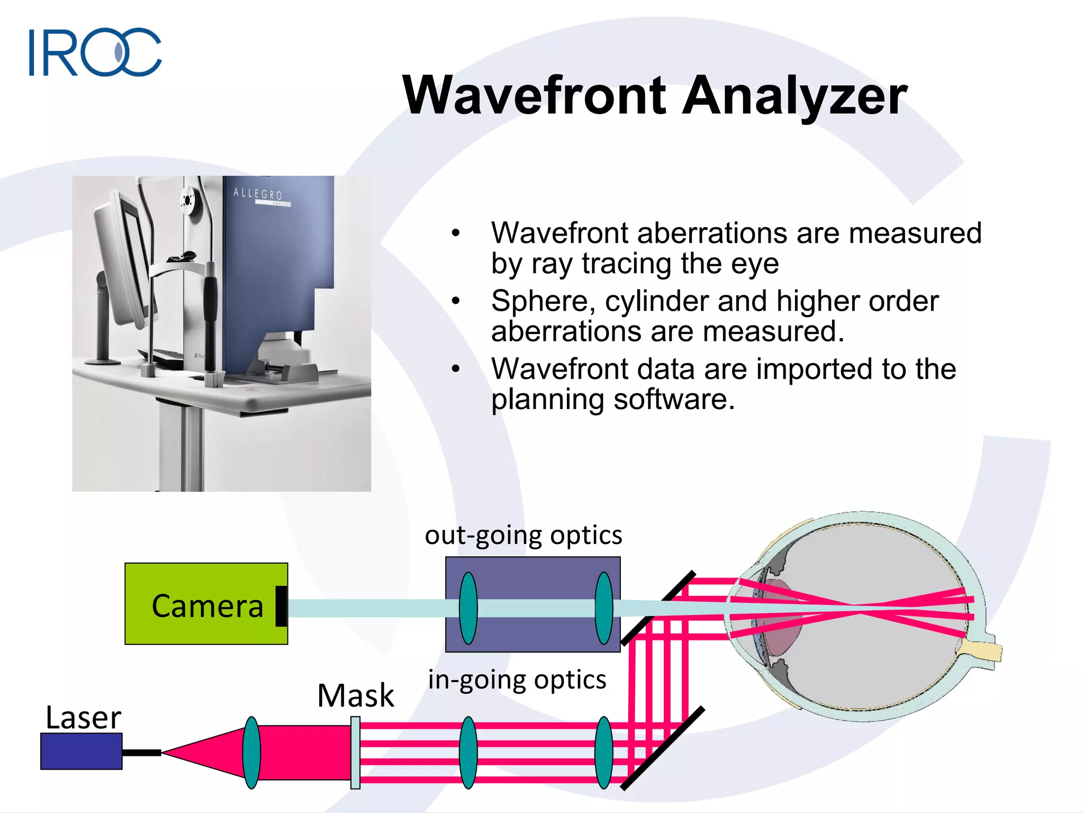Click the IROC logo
point(95,52)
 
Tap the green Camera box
point(206,604)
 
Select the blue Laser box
point(82,751)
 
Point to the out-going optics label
point(523,535)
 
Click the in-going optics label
point(517,680)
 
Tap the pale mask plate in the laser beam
point(355,752)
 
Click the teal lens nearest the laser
point(251,752)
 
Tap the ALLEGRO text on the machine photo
point(258,194)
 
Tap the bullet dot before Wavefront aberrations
point(456,233)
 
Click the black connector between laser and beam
point(141,752)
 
